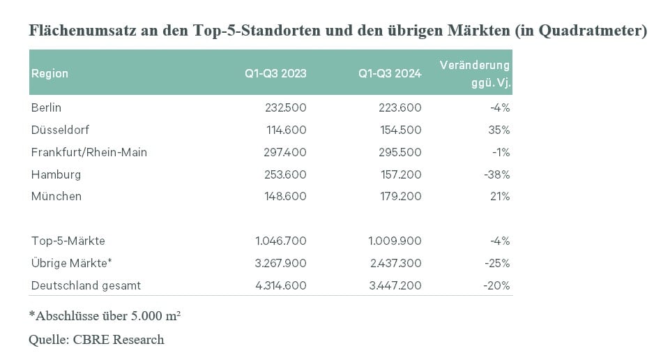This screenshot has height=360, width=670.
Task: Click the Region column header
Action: coord(50,73)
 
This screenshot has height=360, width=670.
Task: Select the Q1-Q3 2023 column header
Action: coord(275,73)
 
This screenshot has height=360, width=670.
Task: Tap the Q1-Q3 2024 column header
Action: coord(390,73)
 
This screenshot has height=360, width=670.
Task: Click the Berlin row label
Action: coord(46,107)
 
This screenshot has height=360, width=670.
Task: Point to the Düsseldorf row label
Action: coord(60,130)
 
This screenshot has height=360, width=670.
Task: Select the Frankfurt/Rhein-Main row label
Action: coord(89,152)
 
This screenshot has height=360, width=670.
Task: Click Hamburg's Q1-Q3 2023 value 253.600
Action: coord(285,174)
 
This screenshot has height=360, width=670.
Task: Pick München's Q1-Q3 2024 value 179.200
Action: coord(401,196)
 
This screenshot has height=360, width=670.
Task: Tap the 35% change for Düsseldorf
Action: coord(499,130)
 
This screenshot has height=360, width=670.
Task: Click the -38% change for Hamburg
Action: coord(497,174)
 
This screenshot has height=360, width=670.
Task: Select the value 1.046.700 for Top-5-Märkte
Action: coord(281,241)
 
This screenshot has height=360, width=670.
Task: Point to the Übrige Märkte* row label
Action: coord(71,263)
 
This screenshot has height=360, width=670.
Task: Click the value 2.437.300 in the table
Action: coord(396,263)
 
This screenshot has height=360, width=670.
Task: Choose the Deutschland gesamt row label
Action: coord(86,285)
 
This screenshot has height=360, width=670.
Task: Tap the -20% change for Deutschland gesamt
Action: coord(496,285)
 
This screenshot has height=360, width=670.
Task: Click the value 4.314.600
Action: coord(281,285)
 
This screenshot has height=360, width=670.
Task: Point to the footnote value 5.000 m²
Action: coord(155,315)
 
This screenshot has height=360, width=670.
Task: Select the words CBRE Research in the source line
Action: coord(119,340)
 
